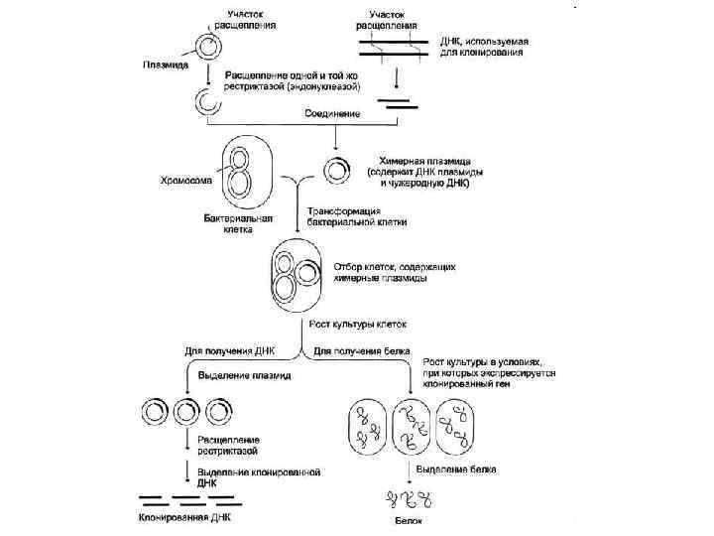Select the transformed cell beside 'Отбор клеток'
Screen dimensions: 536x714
pyautogui.click(x=296, y=276)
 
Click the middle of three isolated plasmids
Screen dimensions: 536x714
pyautogui.click(x=185, y=409)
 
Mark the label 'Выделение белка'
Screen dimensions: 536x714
pyautogui.click(x=450, y=468)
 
